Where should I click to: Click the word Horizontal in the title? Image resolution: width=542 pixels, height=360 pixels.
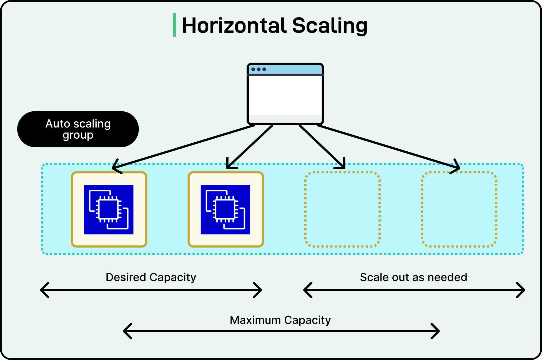pyautogui.click(x=234, y=26)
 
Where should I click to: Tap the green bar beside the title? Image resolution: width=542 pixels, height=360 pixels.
pyautogui.click(x=175, y=25)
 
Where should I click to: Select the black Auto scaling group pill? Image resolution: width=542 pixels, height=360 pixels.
pyautogui.click(x=78, y=129)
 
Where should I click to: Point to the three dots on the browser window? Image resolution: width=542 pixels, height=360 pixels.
pyautogui.click(x=259, y=69)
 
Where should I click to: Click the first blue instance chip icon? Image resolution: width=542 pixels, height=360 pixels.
pyautogui.click(x=109, y=209)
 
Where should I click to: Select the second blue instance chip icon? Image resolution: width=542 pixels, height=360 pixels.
pyautogui.click(x=225, y=209)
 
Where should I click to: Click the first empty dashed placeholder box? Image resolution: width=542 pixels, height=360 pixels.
pyautogui.click(x=342, y=209)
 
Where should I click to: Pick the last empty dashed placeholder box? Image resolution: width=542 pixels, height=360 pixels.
pyautogui.click(x=459, y=209)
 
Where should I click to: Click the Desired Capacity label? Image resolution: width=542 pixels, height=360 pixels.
pyautogui.click(x=151, y=277)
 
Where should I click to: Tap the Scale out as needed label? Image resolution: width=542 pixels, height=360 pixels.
pyautogui.click(x=413, y=277)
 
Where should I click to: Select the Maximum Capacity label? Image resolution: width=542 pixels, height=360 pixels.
pyautogui.click(x=280, y=320)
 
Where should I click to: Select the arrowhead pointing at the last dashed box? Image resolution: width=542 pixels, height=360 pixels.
pyautogui.click(x=457, y=167)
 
